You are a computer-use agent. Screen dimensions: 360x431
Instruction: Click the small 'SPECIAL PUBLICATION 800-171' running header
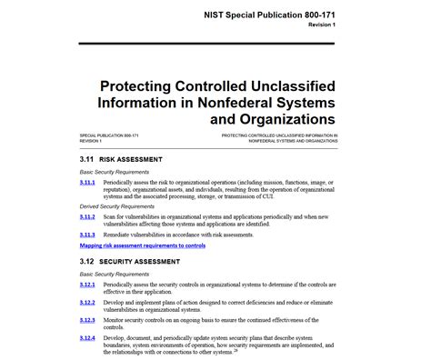click(110, 135)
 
